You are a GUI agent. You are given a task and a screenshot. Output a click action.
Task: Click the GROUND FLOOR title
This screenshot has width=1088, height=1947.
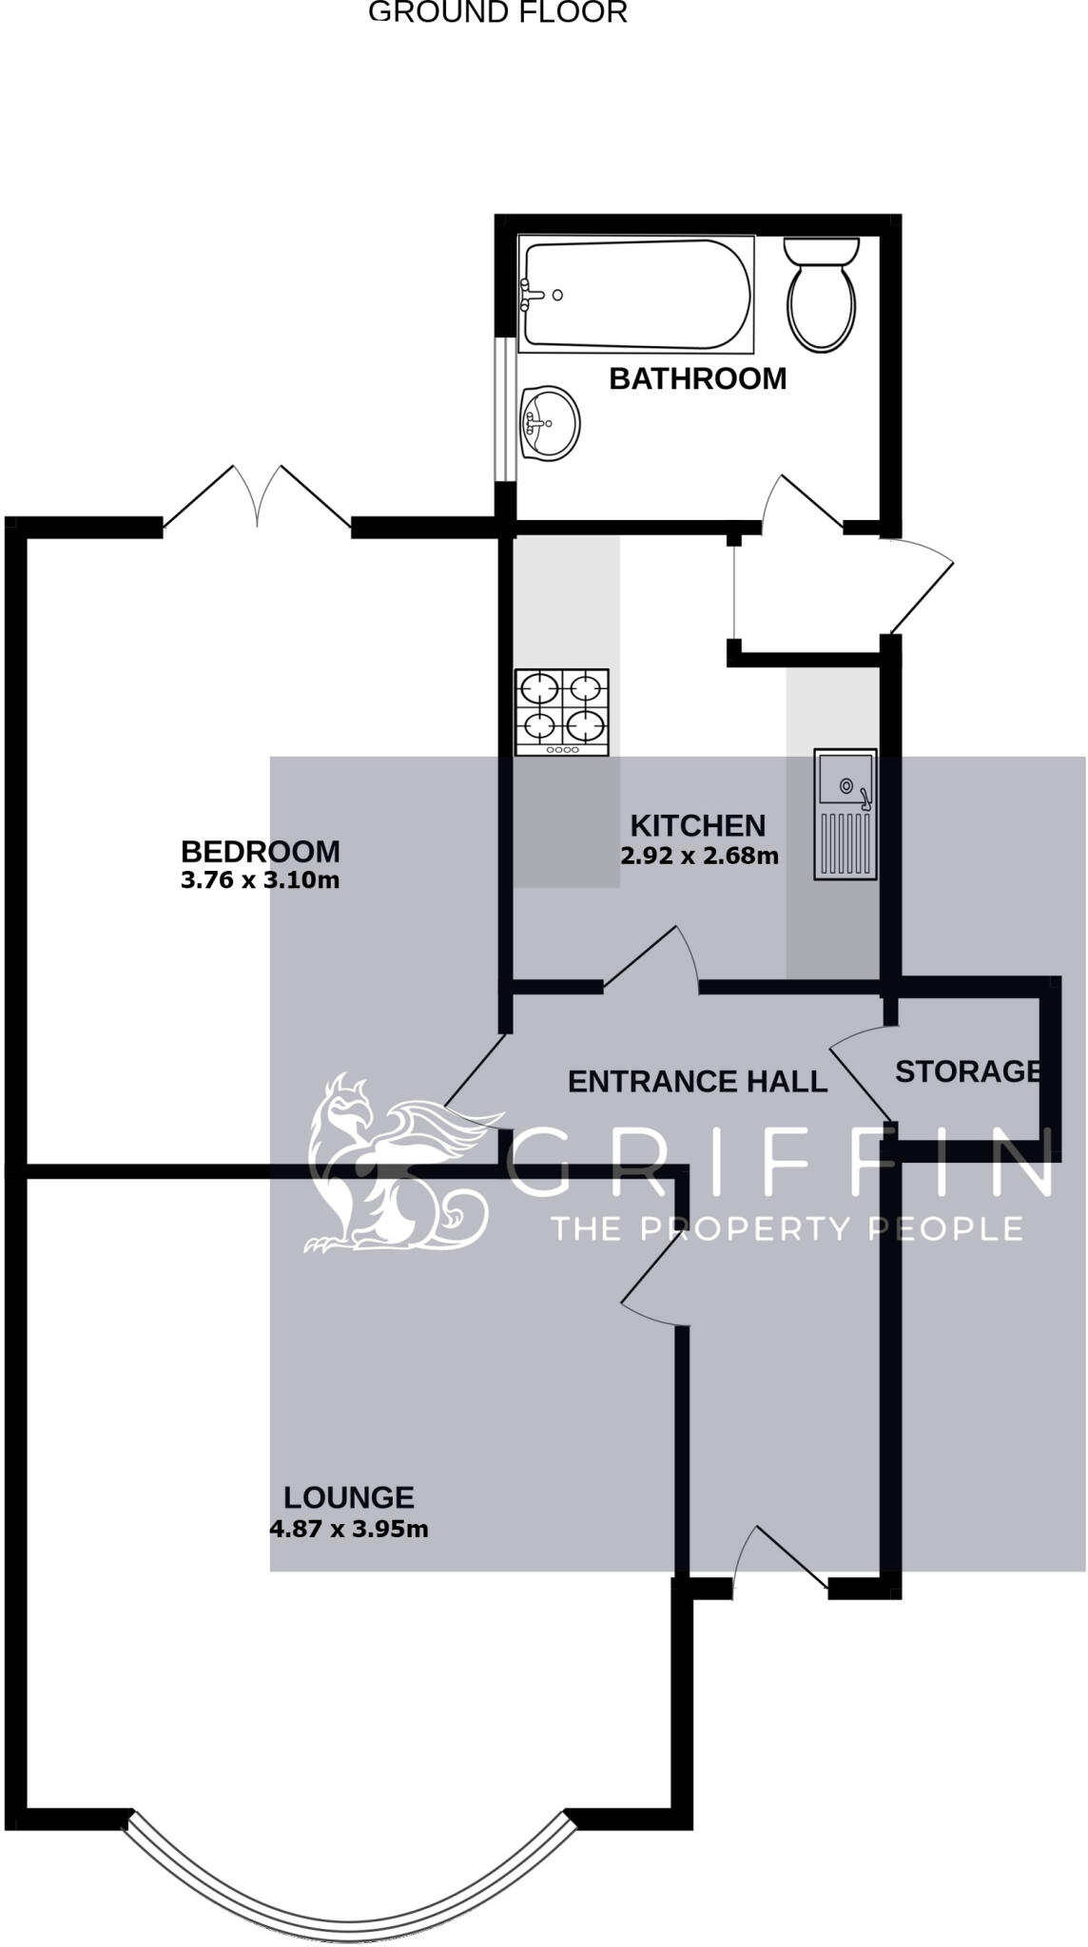(x=497, y=12)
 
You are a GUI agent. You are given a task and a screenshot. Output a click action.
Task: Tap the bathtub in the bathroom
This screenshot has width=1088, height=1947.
(x=635, y=295)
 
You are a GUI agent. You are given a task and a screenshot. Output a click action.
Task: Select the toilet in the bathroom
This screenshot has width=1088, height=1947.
(x=822, y=295)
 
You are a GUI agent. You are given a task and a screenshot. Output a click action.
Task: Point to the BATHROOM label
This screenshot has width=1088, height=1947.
(x=697, y=378)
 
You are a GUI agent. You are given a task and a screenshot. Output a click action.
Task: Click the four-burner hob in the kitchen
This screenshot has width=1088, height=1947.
(x=561, y=712)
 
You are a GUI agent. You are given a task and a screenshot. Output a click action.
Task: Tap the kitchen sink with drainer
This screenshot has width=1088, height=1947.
(x=845, y=815)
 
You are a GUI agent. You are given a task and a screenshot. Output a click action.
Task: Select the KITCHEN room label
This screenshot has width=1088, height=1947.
(x=697, y=825)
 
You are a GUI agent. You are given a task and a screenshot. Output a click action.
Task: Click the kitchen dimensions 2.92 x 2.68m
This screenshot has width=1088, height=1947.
(x=699, y=856)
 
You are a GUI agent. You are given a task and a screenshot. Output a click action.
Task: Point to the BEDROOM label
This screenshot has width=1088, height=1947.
(x=260, y=851)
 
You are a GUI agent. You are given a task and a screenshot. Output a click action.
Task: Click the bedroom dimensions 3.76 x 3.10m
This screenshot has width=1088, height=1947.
(x=260, y=880)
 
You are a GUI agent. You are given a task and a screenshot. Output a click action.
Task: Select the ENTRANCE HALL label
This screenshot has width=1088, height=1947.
(x=697, y=1082)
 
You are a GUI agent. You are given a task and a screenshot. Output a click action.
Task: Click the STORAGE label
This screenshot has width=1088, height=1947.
(x=966, y=1071)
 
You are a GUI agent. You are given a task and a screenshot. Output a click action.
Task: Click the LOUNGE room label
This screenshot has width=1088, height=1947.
(x=348, y=1498)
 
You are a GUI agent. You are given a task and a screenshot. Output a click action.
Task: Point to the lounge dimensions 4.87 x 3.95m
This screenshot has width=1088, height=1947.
(x=348, y=1530)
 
